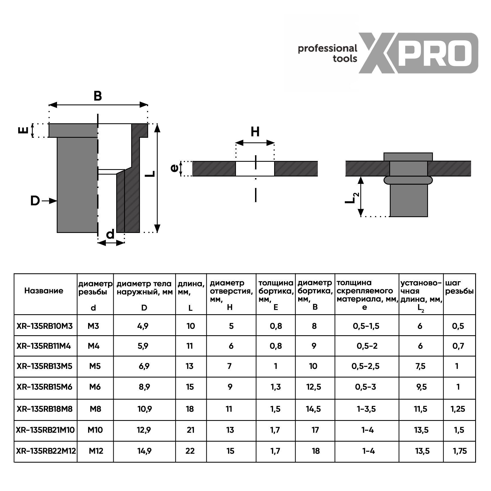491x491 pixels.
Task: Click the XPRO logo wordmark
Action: pos(418,53)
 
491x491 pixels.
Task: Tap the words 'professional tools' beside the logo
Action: pos(327,53)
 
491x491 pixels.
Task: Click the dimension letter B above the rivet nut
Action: pos(98,96)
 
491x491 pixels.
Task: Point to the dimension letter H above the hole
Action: pos(255,132)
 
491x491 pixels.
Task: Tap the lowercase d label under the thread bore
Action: pos(110,234)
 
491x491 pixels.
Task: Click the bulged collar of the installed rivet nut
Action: pos(408,180)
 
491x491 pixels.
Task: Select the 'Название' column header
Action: pos(44,291)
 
